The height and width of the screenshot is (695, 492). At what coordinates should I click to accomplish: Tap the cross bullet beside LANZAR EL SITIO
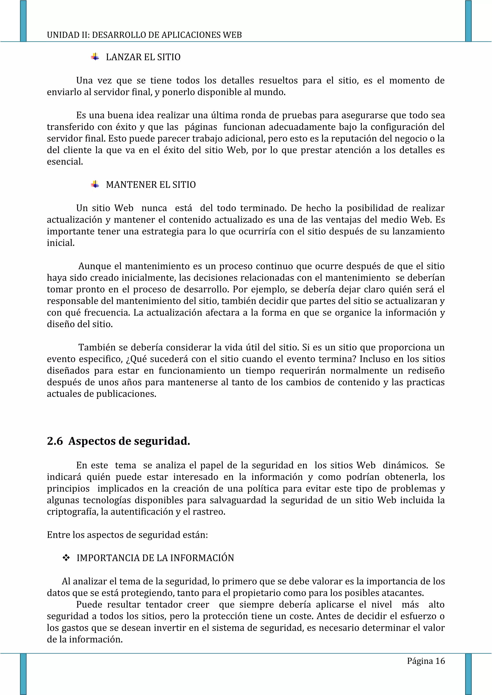coord(95,57)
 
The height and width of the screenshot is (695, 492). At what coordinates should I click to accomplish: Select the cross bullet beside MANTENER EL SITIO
coord(95,184)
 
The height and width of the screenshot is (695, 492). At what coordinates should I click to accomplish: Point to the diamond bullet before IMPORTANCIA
coord(66,558)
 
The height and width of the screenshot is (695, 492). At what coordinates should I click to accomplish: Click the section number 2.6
coord(55,441)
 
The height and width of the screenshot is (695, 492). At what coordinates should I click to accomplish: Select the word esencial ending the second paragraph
coord(65,162)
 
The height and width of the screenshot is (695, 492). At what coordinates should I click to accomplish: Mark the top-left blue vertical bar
coord(23,21)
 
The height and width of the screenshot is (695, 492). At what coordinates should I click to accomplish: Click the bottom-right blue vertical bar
coord(468,674)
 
